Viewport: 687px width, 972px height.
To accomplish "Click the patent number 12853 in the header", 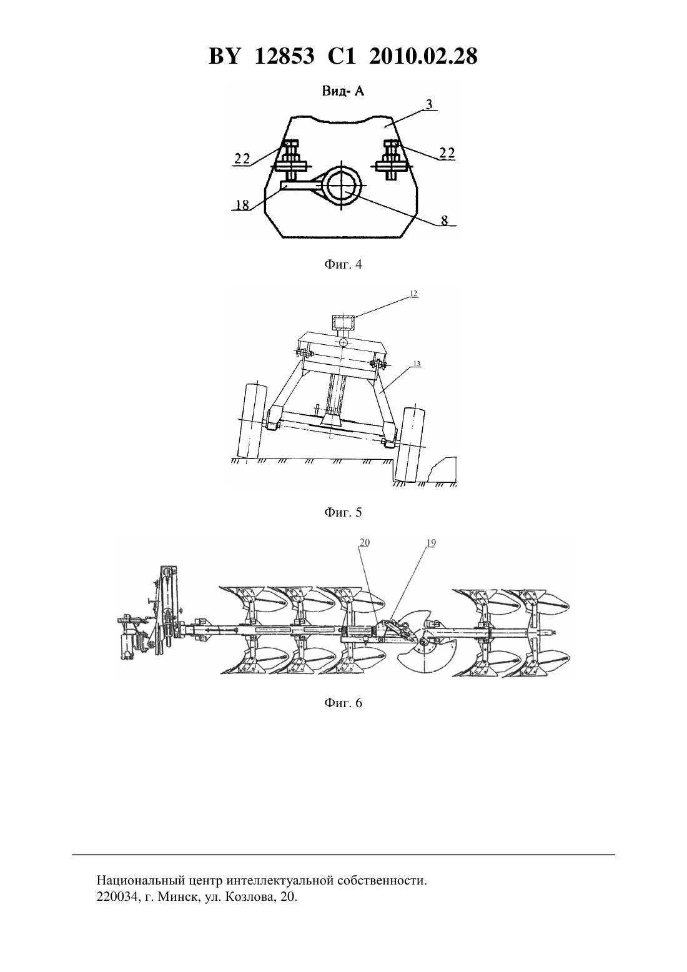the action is point(284,56).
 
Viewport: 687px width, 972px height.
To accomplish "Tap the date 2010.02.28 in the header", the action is point(423,56).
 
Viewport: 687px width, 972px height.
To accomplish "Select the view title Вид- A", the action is point(343,92).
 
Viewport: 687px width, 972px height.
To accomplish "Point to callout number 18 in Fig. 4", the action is point(243,204).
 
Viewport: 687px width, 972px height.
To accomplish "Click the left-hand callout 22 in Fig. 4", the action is point(242,159).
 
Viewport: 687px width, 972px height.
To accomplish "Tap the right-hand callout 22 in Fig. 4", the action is point(447,153).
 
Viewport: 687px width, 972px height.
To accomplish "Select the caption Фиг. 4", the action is point(343,264).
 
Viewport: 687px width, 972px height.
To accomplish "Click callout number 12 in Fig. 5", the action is point(413,294).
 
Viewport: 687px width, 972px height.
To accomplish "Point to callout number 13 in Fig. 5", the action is point(417,364).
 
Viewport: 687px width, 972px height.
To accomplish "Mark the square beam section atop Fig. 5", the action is point(343,322).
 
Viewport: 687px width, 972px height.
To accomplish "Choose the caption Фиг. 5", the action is point(343,512).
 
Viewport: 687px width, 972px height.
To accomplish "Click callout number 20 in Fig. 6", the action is point(364,543).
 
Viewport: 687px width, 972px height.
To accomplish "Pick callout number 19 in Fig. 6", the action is point(431,543).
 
